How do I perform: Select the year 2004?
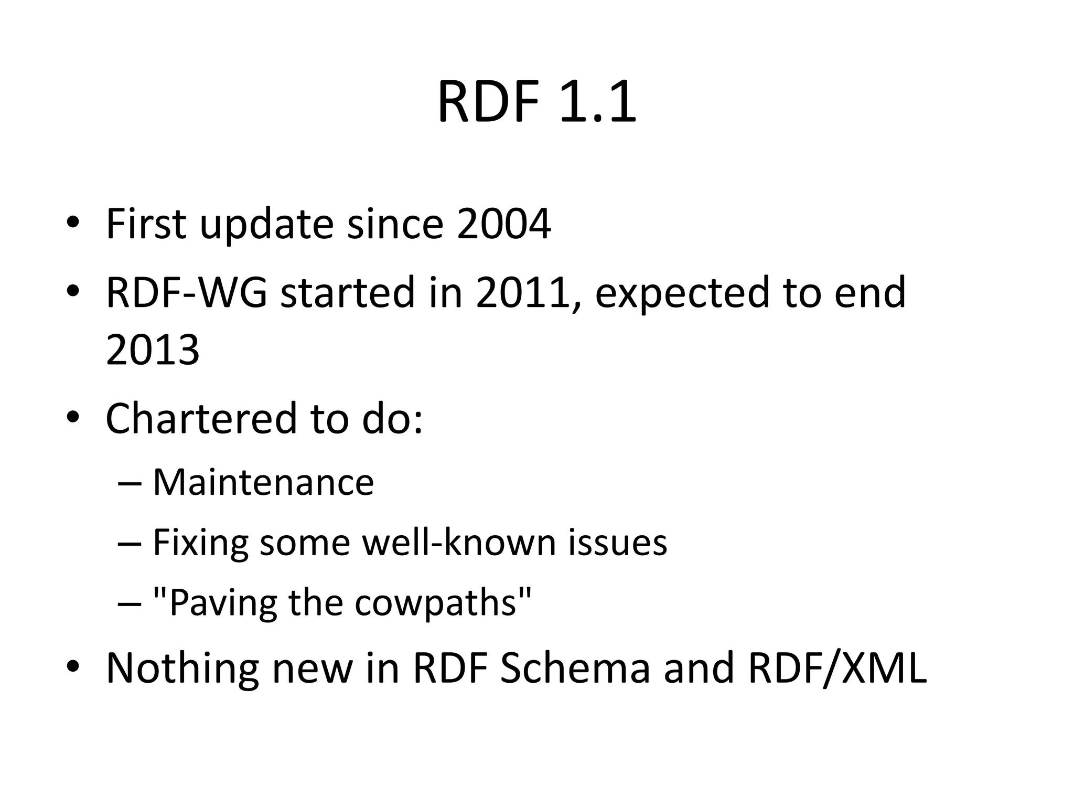pos(503,224)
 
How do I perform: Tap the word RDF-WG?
pos(186,292)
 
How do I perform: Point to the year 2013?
pos(153,350)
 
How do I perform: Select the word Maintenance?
pos(263,482)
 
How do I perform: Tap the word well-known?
pos(459,542)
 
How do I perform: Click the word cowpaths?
pos(436,602)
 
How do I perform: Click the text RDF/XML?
pos(837,668)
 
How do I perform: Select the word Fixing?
pos(200,543)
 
